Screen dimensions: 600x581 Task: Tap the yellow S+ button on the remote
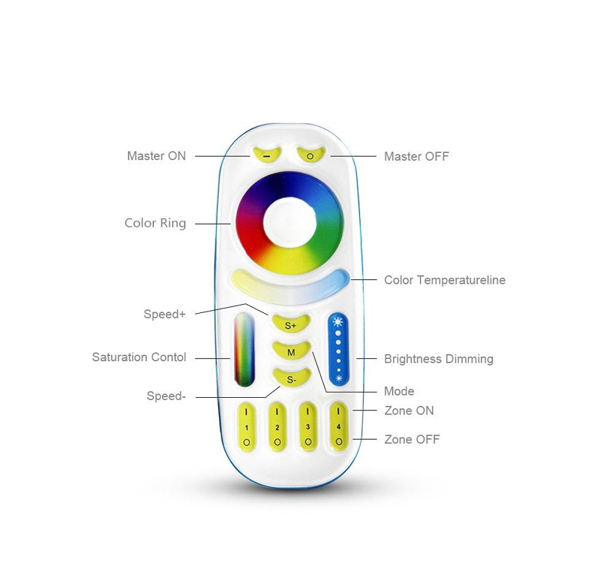click(x=291, y=324)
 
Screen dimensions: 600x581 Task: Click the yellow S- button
click(x=292, y=378)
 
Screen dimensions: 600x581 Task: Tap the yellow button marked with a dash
click(x=267, y=155)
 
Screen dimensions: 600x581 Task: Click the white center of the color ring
click(x=289, y=223)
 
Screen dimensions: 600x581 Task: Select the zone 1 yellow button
click(x=247, y=426)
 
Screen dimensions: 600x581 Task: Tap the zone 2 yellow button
click(x=277, y=426)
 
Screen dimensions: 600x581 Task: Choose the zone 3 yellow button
click(x=308, y=426)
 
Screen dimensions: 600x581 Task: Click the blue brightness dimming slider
click(x=338, y=350)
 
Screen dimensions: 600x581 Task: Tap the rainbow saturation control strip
click(x=244, y=350)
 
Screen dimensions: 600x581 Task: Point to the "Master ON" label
click(x=157, y=156)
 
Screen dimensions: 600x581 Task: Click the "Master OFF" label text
click(x=416, y=156)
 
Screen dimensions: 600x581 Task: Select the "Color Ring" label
click(x=155, y=223)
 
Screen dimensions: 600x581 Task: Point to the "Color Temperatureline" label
click(x=445, y=280)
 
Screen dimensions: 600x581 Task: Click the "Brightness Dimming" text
click(x=439, y=359)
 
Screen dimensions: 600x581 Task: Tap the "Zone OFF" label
click(x=412, y=439)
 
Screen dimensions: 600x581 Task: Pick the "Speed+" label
click(x=164, y=314)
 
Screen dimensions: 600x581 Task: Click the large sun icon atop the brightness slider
click(x=338, y=322)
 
